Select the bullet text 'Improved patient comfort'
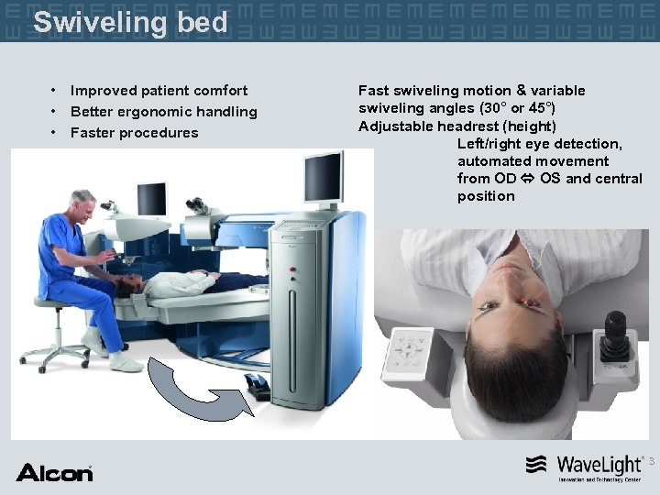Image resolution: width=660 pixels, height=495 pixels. (x=159, y=91)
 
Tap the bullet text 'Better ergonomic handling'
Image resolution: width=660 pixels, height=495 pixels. (x=163, y=112)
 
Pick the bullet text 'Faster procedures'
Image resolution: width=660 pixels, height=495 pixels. (x=134, y=133)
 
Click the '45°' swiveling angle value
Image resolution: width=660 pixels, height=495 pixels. (x=533, y=108)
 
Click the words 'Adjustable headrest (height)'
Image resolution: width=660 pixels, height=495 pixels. (x=457, y=126)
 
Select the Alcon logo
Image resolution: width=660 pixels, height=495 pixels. (x=54, y=473)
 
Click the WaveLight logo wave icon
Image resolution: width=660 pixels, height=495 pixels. (x=537, y=465)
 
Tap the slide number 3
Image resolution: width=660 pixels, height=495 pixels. (x=652, y=463)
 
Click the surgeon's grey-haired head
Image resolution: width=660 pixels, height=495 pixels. (x=82, y=203)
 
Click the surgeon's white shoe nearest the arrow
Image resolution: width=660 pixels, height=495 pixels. (x=126, y=362)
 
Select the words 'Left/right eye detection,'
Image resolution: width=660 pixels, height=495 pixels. (x=540, y=144)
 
